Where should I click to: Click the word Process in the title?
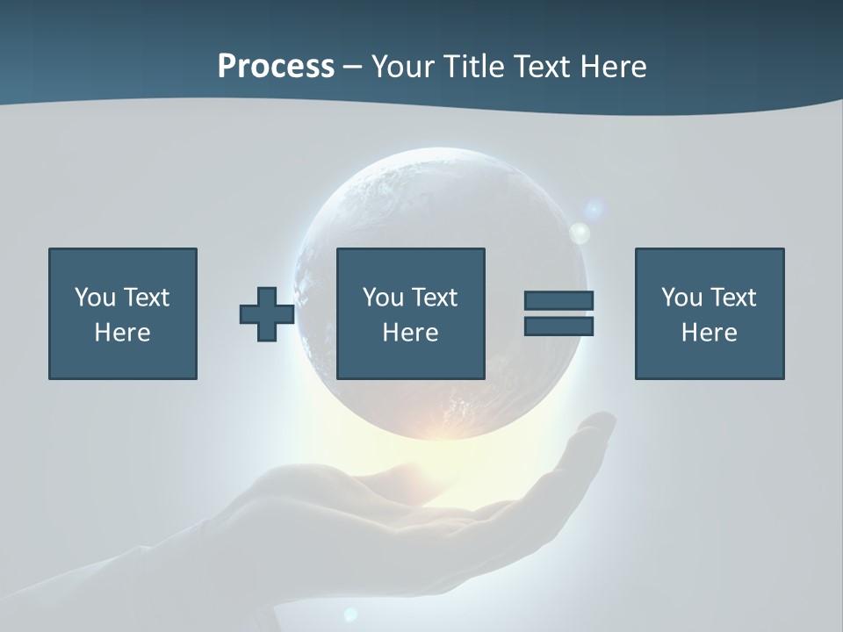276,67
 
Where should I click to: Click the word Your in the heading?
401,67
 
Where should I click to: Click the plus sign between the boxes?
267,314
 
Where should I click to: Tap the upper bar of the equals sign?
558,300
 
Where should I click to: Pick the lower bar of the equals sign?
558,327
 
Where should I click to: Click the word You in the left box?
95,298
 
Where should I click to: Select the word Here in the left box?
122,333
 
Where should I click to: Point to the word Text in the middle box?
435,298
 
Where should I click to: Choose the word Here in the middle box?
410,333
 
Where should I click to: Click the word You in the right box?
681,298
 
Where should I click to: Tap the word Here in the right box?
709,333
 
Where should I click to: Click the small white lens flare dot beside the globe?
580,233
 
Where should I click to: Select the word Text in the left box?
147,298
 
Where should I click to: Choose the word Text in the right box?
733,298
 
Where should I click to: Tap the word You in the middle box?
383,298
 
